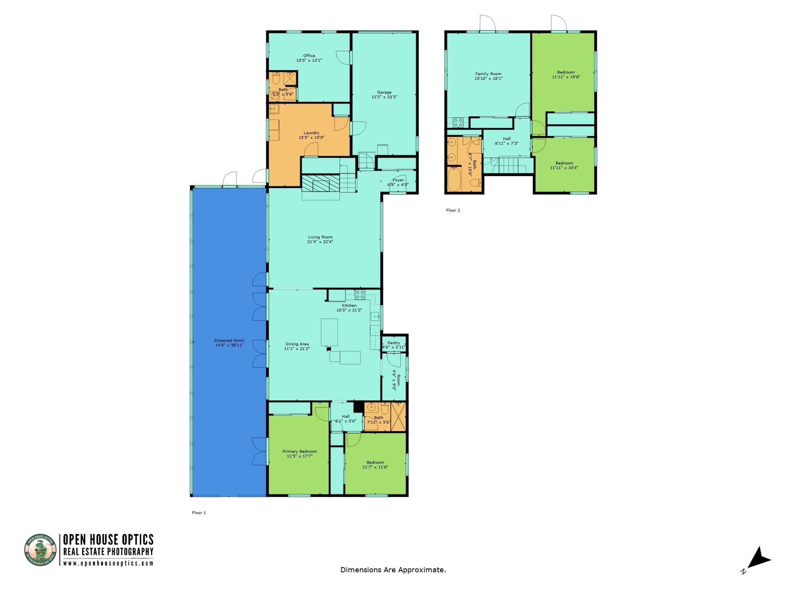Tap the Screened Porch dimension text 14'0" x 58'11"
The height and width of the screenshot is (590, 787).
tap(229, 345)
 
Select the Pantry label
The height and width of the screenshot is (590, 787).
tap(393, 343)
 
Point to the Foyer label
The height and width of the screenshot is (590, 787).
tap(398, 180)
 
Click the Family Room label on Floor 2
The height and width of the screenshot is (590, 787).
tap(488, 74)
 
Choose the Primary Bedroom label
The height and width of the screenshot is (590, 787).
tap(299, 451)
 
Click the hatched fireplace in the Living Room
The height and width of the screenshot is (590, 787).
tap(320, 183)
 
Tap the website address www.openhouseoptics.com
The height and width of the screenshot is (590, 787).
tap(108, 563)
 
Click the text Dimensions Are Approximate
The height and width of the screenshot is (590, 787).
tap(393, 570)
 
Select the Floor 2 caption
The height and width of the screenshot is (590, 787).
tap(453, 210)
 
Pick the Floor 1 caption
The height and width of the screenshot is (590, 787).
tap(199, 513)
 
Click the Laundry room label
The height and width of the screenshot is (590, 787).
tap(311, 133)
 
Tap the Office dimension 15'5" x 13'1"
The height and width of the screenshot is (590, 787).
tap(309, 61)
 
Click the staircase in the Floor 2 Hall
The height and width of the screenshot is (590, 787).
tap(512, 165)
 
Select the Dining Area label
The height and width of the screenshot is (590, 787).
tap(297, 344)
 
